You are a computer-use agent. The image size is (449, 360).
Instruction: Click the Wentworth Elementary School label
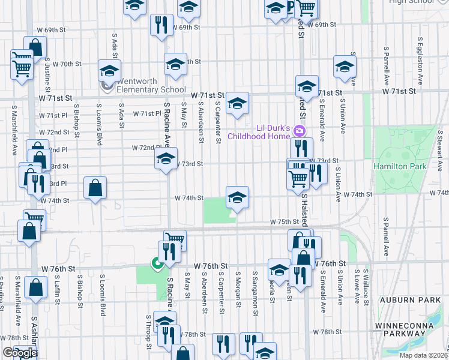tap(151, 85)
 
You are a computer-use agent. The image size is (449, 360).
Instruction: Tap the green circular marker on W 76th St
tap(157, 263)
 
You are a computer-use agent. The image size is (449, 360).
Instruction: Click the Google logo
tap(20, 353)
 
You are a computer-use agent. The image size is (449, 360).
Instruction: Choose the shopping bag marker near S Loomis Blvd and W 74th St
tap(95, 188)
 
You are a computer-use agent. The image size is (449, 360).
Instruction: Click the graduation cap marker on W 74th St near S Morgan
tap(237, 197)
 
